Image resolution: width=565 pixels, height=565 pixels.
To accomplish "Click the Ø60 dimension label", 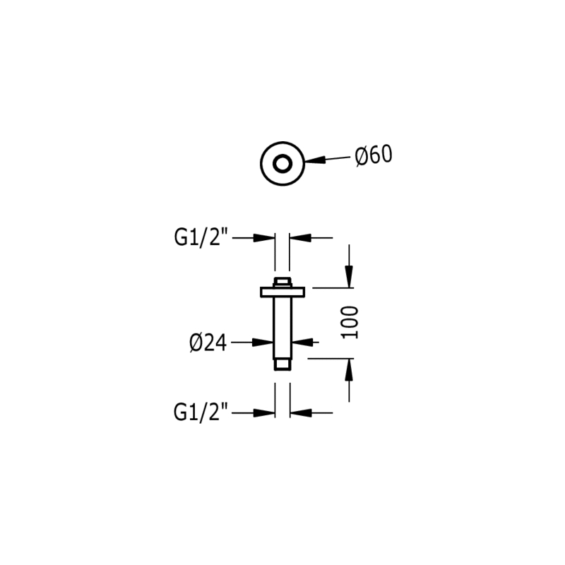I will tap(374, 155).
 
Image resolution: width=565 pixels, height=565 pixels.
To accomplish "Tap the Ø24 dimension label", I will tap(208, 343).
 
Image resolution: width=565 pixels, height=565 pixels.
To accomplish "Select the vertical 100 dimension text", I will tap(351, 322).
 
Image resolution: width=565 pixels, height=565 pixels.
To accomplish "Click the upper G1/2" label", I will tap(202, 238).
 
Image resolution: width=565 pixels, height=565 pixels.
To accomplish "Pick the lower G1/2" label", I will tap(201, 412).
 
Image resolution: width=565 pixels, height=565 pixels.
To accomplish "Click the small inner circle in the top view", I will tap(282, 164).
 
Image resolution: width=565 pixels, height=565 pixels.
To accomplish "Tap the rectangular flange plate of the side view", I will tap(282, 291).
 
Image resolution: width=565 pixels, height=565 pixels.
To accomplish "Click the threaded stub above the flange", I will tap(282, 282).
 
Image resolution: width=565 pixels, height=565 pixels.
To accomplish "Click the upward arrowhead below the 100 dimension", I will tap(349, 369).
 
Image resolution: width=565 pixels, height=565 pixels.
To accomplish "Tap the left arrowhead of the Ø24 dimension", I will tap(266, 343).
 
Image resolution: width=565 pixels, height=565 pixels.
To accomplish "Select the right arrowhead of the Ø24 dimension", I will tap(299, 343).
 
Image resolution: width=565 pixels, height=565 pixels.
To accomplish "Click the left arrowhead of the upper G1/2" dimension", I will tap(267, 238).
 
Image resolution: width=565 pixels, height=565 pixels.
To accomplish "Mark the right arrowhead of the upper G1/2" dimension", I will tap(297, 238).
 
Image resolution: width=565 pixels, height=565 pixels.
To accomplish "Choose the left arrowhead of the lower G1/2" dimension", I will tap(267, 412).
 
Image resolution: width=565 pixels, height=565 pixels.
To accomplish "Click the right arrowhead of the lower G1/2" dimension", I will tap(297, 412).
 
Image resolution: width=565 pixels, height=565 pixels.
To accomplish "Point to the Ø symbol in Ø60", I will tap(360, 156).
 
